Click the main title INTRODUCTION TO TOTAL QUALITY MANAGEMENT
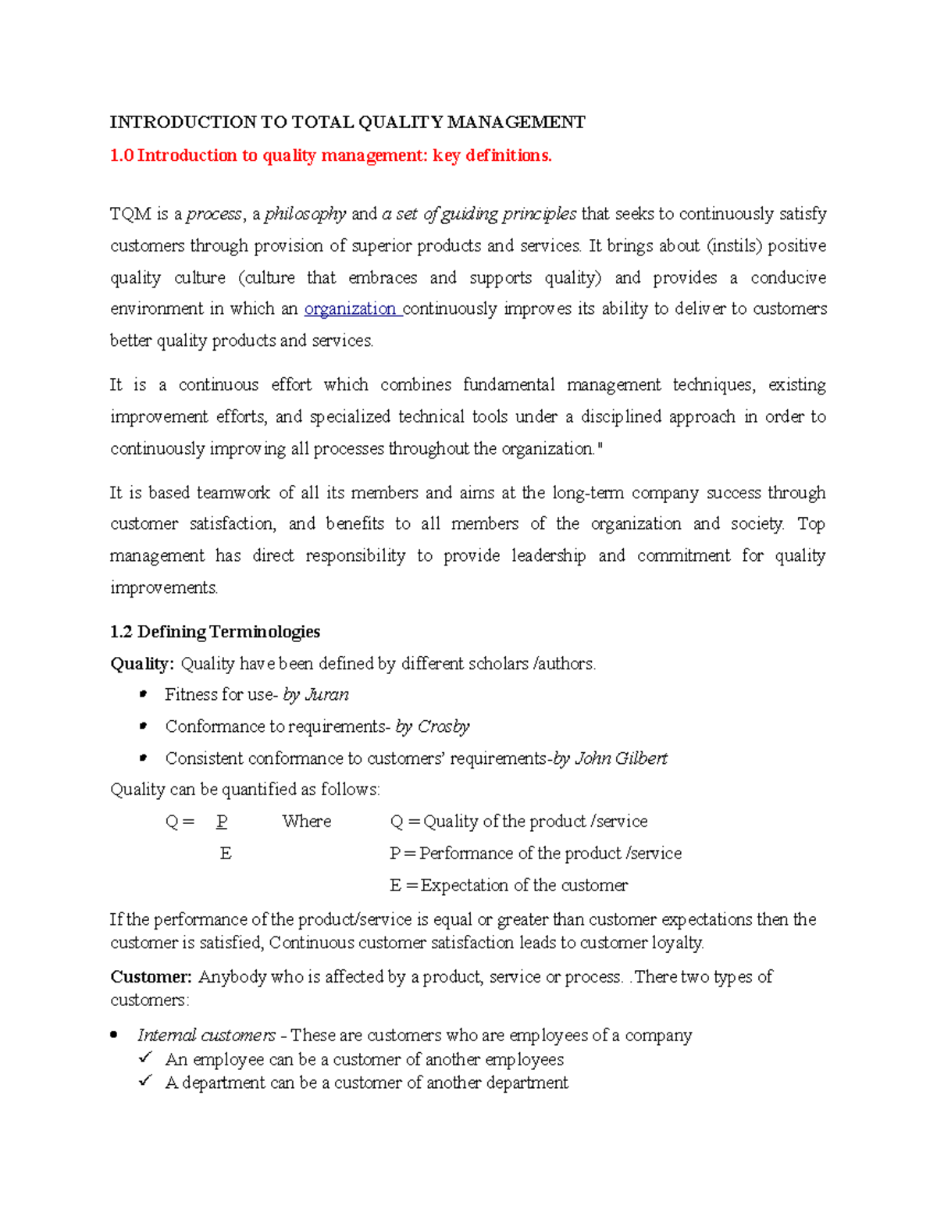[x=347, y=122]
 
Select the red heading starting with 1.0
[x=330, y=155]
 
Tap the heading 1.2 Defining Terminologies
[x=215, y=631]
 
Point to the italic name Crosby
[x=444, y=726]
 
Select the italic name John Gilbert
[x=621, y=758]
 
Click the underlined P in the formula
[x=223, y=822]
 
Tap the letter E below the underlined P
[x=226, y=854]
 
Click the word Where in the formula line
[x=307, y=822]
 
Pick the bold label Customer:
[x=151, y=976]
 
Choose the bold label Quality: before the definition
[x=142, y=664]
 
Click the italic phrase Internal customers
[x=206, y=1036]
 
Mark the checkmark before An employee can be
[x=145, y=1058]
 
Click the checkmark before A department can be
[x=145, y=1082]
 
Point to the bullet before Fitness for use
[x=142, y=694]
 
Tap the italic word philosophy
[x=305, y=214]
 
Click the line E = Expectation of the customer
[x=508, y=886]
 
